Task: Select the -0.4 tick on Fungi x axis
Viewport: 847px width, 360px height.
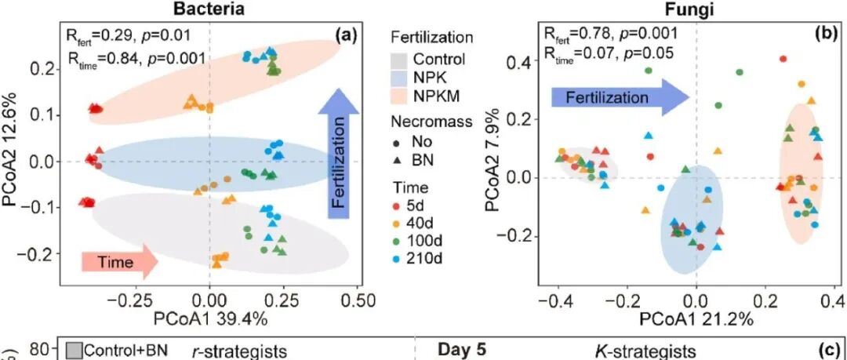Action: [x=555, y=301]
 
